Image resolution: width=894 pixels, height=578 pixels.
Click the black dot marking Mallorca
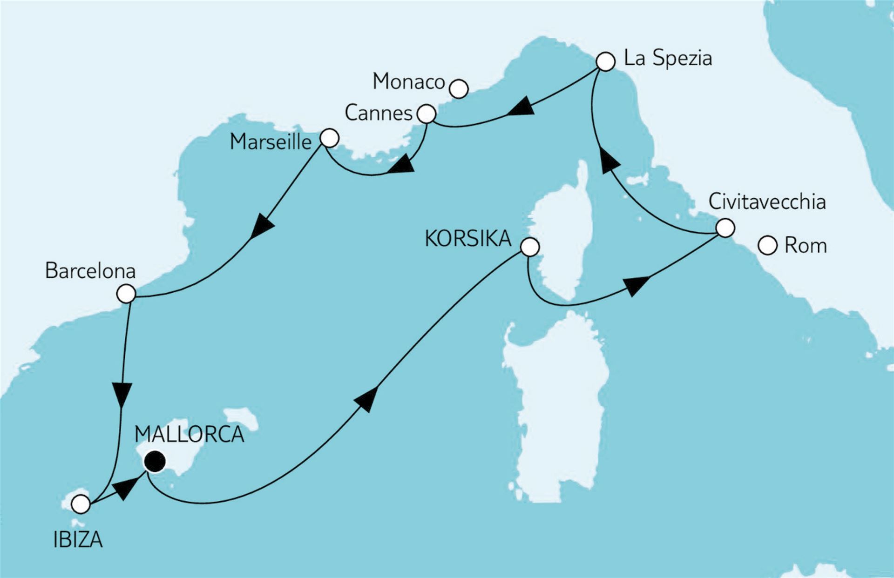point(155,462)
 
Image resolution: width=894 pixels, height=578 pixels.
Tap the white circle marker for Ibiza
point(81,504)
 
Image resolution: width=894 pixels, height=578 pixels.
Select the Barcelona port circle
point(126,294)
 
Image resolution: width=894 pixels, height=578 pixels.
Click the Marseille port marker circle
point(329,138)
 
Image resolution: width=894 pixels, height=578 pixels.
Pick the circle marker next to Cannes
point(427,114)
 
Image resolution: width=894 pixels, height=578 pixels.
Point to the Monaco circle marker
point(459,88)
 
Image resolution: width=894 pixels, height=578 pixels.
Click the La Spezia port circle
point(605,61)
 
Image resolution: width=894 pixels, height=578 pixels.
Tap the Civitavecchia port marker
point(725,228)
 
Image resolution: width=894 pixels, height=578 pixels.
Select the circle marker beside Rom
point(768,245)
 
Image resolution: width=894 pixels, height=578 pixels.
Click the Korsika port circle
point(530,247)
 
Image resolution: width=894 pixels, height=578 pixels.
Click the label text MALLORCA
point(189,434)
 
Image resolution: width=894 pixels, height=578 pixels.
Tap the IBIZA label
point(78,540)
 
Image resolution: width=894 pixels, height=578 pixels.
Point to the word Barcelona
point(90,271)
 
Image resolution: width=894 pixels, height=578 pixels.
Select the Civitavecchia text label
point(767,202)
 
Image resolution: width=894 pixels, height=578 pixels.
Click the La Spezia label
point(668,59)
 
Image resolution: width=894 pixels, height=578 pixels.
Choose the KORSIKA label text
point(468,239)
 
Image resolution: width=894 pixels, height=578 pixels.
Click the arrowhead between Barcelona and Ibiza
point(122,395)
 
